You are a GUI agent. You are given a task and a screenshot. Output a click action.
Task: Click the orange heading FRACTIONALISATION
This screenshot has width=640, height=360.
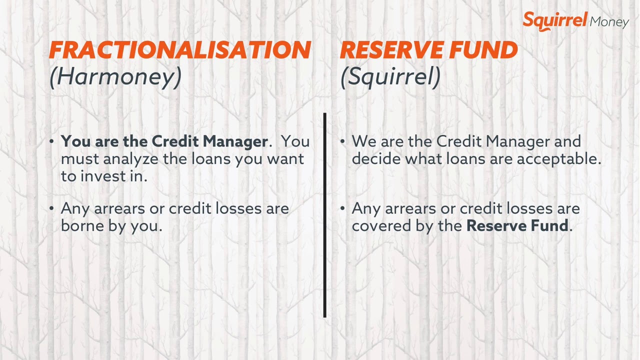[x=180, y=50]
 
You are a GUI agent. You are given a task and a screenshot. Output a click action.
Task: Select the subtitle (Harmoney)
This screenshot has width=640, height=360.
[x=115, y=76]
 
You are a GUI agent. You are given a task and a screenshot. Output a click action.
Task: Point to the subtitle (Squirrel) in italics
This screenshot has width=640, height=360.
[x=390, y=76]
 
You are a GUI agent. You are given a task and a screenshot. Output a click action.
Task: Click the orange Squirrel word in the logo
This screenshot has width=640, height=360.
[x=555, y=20]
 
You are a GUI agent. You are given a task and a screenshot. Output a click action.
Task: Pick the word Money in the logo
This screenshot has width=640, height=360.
[x=609, y=22]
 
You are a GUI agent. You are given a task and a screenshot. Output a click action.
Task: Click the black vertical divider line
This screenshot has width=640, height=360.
[x=325, y=215]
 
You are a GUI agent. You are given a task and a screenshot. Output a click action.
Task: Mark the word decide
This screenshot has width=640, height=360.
[x=376, y=159]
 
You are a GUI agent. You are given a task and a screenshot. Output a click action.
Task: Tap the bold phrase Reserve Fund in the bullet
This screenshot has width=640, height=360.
[x=517, y=225]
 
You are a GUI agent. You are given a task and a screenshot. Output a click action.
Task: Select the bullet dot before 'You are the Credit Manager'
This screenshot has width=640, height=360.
[x=52, y=142]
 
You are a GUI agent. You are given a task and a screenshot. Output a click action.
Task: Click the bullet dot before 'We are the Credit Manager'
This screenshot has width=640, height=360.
[x=342, y=142]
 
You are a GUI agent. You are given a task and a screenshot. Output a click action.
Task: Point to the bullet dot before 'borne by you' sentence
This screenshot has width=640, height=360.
[x=52, y=208]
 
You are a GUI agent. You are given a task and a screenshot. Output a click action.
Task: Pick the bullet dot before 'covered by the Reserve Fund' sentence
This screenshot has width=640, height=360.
[x=342, y=208]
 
